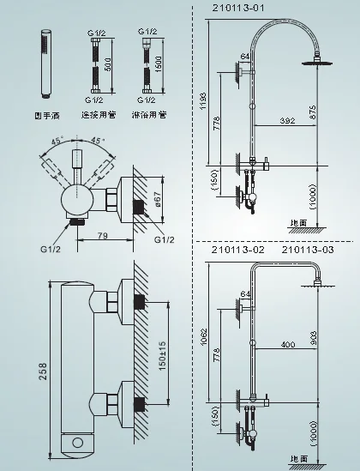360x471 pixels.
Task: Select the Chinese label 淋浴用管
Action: (153, 115)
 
